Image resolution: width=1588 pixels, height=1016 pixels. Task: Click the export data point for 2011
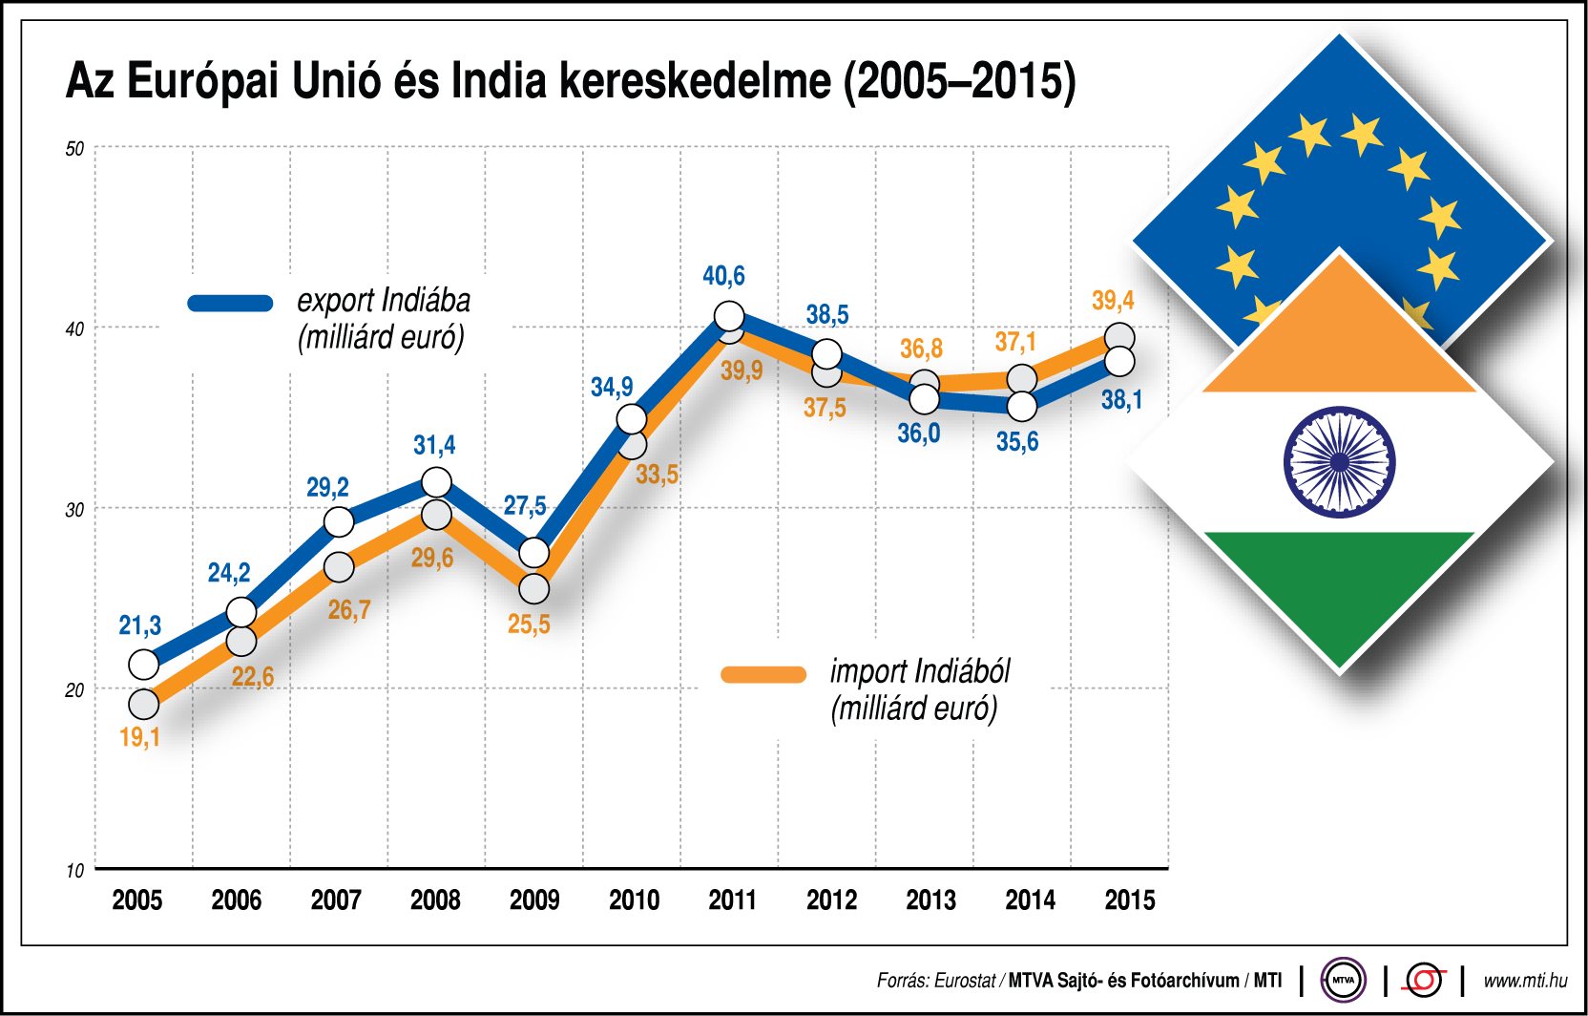[729, 315]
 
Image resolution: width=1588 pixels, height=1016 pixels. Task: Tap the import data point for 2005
[143, 704]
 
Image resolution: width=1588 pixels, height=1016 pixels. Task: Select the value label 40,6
[723, 276]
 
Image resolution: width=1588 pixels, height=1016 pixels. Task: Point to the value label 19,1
[139, 737]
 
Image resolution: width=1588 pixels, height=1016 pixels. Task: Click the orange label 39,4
[1113, 301]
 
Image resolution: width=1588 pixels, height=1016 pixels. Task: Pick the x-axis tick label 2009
[534, 900]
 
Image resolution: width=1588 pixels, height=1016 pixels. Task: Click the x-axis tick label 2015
[1129, 900]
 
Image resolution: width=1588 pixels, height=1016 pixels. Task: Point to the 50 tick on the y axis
[74, 149]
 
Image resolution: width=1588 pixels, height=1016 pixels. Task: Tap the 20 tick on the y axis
[74, 689]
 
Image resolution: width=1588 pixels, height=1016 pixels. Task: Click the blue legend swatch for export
[231, 304]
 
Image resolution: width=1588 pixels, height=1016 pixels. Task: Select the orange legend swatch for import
[763, 674]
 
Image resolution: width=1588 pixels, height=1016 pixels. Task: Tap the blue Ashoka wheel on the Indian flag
[1339, 462]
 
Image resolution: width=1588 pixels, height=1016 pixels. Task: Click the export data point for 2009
[534, 552]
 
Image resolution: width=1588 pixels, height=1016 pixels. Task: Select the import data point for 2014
[1022, 379]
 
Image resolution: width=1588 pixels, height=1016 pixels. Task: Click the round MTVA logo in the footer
[1343, 980]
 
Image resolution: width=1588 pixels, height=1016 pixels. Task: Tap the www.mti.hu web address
[1525, 980]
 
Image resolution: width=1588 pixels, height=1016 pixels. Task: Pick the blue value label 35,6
[1017, 441]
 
